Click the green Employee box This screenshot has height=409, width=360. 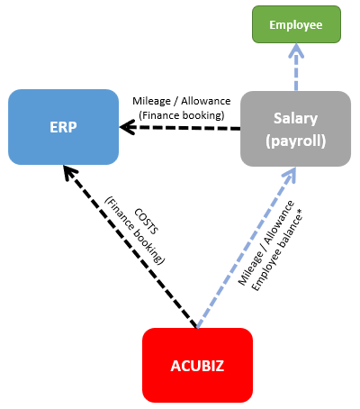(x=295, y=23)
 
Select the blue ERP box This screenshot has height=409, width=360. (x=64, y=127)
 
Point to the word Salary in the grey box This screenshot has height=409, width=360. (x=295, y=118)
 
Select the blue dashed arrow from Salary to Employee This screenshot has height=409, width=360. (x=295, y=70)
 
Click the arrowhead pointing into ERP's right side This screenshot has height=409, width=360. (x=127, y=128)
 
